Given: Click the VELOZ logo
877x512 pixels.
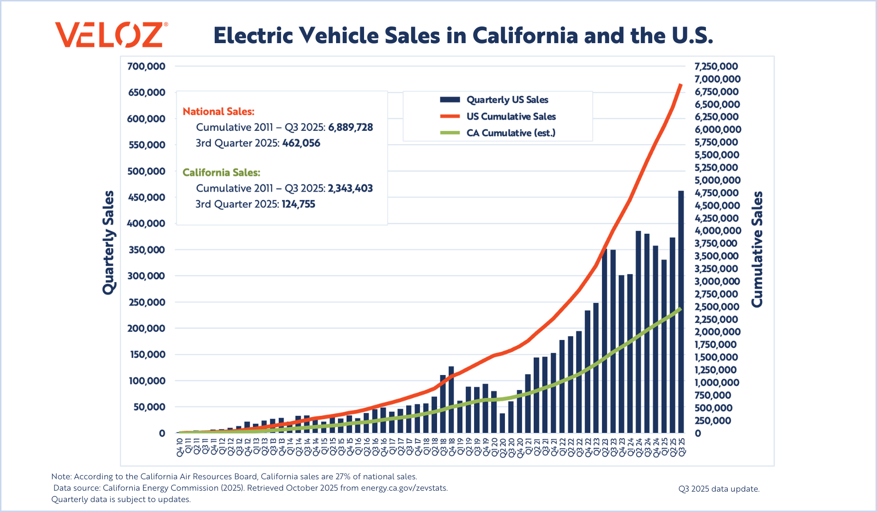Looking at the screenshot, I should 111,35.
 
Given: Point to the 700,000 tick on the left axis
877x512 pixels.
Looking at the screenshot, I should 146,66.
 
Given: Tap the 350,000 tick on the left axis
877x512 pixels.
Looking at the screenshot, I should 146,250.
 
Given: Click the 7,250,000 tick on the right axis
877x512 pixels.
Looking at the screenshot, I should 716,66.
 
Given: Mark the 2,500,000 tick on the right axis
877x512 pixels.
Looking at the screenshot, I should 716,307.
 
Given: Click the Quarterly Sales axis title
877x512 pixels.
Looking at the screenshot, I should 109,243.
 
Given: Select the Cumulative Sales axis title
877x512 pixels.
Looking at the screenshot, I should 758,249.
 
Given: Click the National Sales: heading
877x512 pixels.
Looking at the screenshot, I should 219,111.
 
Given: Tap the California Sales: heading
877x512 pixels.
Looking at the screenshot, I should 221,173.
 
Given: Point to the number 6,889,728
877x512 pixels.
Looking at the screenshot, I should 350,128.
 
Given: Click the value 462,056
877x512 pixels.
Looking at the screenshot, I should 301,143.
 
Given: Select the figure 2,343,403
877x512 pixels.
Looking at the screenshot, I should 350,189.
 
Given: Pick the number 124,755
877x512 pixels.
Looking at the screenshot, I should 298,204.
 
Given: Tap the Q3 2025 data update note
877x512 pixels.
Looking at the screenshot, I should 719,489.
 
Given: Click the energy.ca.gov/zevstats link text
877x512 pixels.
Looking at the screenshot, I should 404,488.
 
